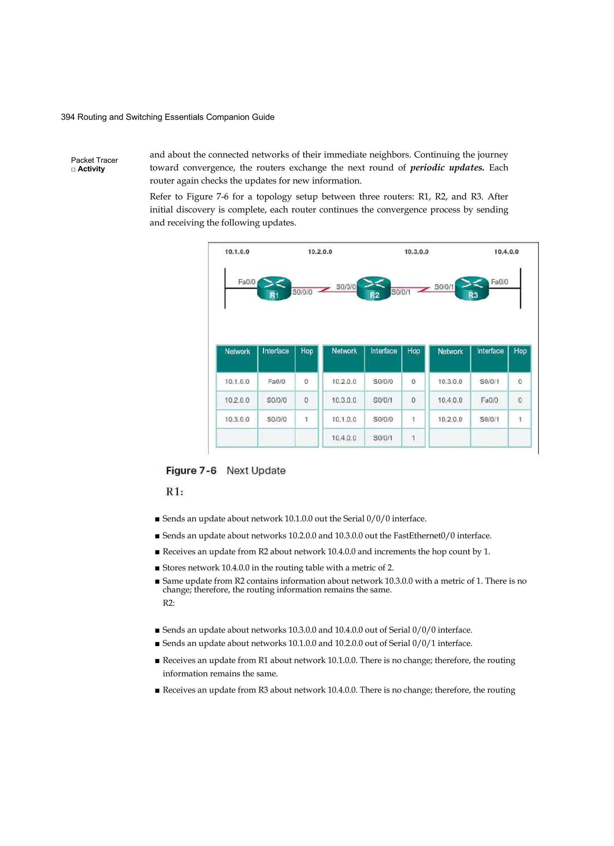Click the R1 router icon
[274, 288]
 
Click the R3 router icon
[472, 288]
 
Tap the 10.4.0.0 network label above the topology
[506, 252]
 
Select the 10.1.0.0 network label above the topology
[237, 252]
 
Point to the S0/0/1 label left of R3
[444, 287]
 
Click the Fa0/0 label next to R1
[247, 282]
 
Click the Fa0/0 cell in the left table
[276, 382]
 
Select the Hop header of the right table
[520, 351]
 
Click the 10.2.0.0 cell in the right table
[450, 419]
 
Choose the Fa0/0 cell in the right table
[489, 400]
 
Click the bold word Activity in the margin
[91, 169]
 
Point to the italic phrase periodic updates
[447, 168]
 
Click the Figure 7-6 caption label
[191, 470]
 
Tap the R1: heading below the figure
[174, 492]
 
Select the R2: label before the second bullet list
[168, 603]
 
